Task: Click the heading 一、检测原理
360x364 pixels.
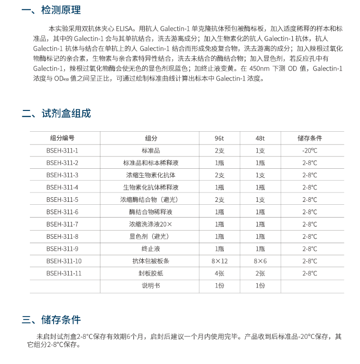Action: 52,10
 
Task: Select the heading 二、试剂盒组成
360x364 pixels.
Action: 56,113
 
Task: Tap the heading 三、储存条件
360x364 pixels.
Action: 52,319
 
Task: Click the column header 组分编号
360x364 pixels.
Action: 62,138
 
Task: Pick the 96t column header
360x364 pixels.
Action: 219,138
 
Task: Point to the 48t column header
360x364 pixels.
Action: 260,138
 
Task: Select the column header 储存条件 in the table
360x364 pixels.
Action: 309,138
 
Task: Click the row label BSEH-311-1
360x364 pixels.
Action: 62,150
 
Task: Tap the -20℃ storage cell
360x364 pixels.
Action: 309,150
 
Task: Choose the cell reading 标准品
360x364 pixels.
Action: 151,150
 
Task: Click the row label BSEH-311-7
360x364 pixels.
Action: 62,224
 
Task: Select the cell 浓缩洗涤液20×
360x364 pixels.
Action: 151,224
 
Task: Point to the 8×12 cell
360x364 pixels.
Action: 219,261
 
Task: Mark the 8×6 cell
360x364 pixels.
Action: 260,261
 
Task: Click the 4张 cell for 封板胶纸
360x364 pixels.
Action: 219,273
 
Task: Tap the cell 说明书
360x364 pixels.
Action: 151,286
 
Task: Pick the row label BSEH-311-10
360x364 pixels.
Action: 64,261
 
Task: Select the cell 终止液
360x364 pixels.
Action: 151,249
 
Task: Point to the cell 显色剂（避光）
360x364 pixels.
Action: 151,237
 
